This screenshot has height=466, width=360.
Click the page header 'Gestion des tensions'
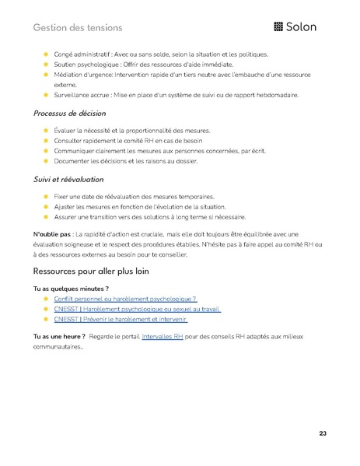coord(78,28)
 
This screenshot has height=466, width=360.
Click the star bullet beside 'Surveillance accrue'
coord(46,95)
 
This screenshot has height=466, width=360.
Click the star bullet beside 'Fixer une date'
coord(46,197)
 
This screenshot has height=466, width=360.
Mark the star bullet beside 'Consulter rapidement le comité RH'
coord(46,141)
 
